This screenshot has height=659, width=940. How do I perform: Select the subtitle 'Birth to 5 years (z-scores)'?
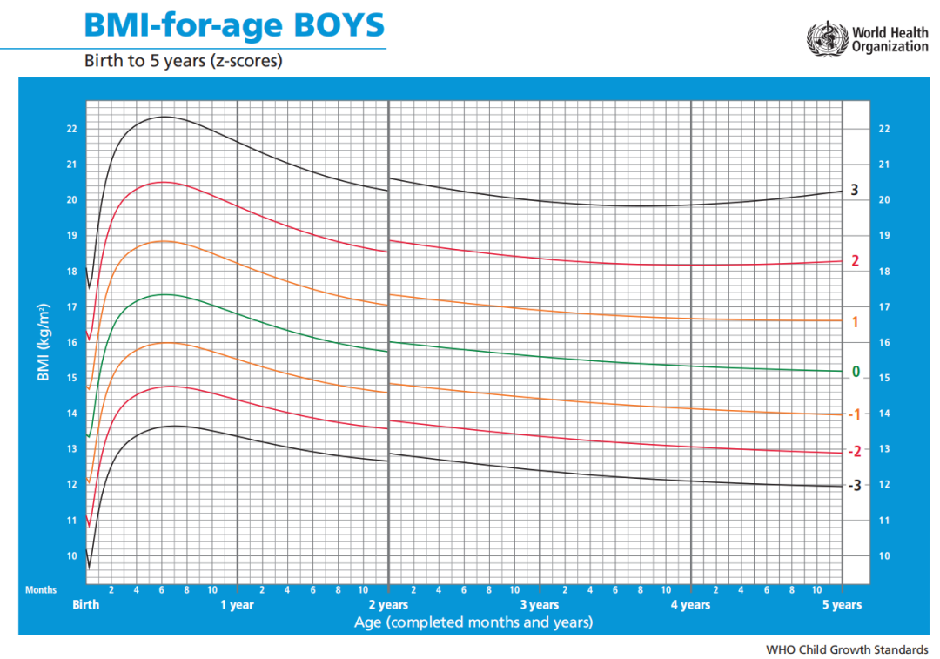pos(183,61)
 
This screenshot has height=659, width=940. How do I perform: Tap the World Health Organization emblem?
pos(827,39)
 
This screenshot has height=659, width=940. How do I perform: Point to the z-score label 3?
pos(855,190)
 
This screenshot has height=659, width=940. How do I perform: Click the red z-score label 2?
pos(855,260)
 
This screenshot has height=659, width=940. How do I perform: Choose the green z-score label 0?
pos(856,372)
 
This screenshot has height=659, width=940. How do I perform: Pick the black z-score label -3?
pos(855,485)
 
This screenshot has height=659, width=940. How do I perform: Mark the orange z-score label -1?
pos(855,414)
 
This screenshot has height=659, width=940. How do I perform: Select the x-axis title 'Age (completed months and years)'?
pos(473,622)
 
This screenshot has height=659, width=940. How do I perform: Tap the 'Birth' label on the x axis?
pos(85,605)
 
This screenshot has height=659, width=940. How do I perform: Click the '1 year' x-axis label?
pos(237,605)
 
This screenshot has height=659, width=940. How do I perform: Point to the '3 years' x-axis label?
pos(540,605)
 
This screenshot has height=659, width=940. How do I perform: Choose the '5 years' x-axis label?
pos(842,605)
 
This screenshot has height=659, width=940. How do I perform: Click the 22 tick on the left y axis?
pos(71,129)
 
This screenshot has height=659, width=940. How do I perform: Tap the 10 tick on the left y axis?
pos(71,556)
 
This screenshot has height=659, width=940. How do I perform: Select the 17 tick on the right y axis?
pos(883,307)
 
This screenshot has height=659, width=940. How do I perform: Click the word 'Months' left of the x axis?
pos(41,590)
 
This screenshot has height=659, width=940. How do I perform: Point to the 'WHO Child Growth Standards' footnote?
pos(847,649)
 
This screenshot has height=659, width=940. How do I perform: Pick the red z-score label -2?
pos(855,451)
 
